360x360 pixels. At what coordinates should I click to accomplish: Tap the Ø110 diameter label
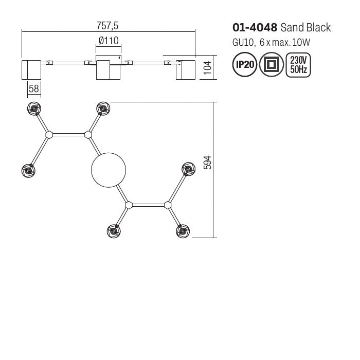109,41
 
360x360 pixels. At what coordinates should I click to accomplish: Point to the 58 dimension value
34,88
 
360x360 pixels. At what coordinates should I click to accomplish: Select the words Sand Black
306,28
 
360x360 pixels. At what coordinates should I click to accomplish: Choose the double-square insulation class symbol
271,65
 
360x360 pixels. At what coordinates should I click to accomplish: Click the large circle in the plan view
109,170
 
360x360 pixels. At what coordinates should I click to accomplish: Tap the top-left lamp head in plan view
34,109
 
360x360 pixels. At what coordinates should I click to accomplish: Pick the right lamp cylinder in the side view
186,69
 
